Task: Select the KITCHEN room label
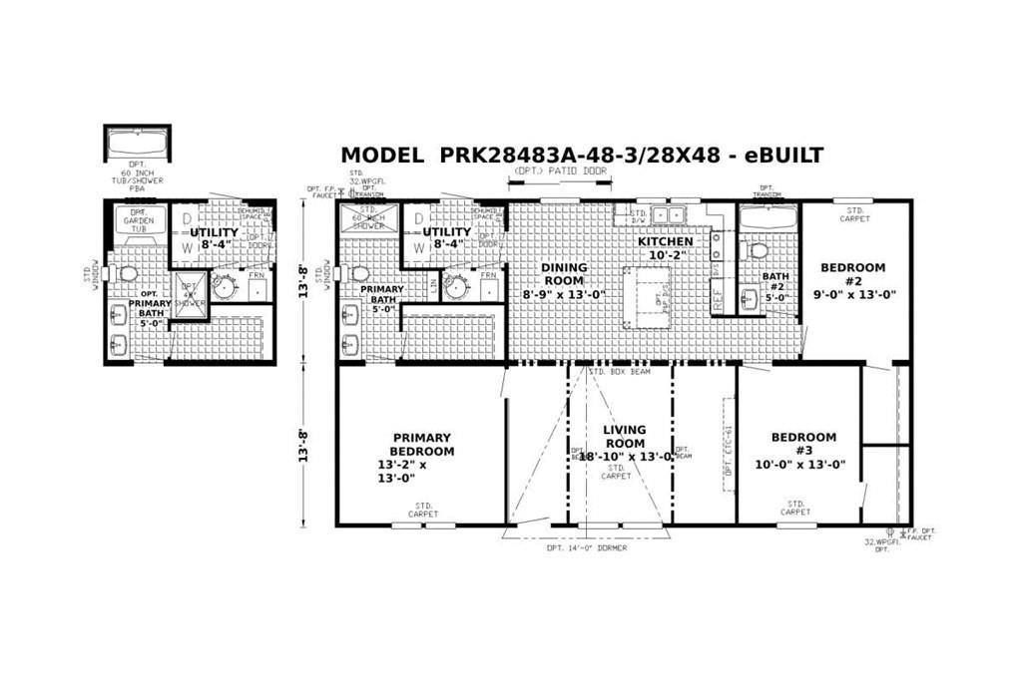pyautogui.click(x=665, y=242)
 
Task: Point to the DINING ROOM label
pyautogui.click(x=564, y=280)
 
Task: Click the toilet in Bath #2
pyautogui.click(x=756, y=249)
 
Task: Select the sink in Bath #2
pyautogui.click(x=750, y=297)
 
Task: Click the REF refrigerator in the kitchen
pyautogui.click(x=717, y=297)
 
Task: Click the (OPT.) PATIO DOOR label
pyautogui.click(x=560, y=172)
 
